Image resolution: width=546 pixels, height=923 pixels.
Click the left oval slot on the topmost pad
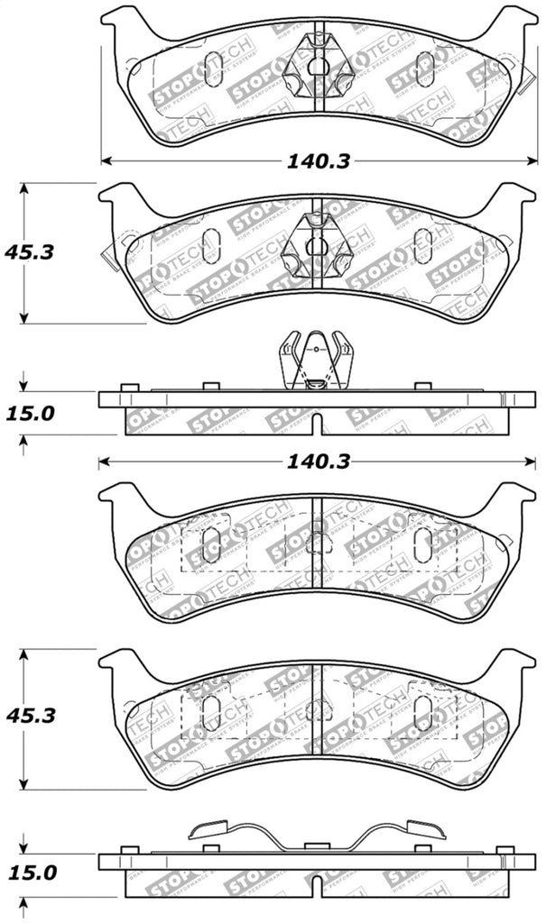213,69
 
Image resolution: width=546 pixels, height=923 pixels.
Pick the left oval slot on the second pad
213,245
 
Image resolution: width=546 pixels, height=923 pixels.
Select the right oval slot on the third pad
422,544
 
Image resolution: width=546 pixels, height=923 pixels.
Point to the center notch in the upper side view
313,424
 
